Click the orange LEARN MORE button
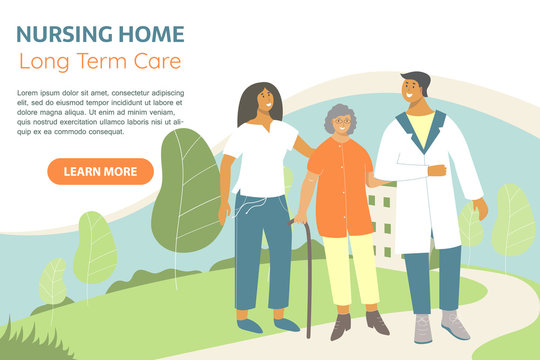pos(100,171)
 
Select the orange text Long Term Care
pos(100,61)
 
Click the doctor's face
pos(412,93)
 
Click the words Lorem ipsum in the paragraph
pos(40,92)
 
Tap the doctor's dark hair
pos(415,78)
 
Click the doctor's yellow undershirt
pos(421,129)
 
